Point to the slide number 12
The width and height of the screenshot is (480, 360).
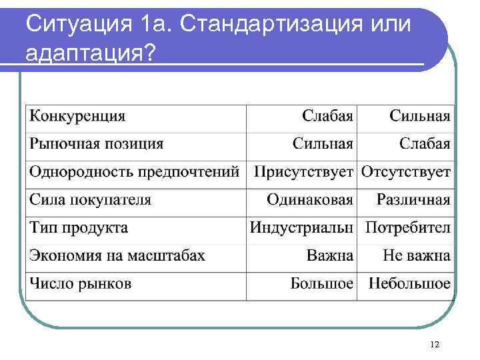click(435, 344)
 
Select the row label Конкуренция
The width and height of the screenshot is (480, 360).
click(77, 116)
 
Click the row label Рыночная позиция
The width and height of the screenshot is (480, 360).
click(96, 144)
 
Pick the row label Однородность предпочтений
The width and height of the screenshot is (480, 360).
click(134, 172)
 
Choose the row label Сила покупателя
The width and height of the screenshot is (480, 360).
click(90, 199)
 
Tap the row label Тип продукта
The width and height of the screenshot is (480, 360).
click(79, 227)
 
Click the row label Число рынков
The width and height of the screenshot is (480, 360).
click(80, 283)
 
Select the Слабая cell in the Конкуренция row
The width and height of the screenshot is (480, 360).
click(327, 116)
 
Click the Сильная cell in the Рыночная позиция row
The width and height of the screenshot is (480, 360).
click(323, 144)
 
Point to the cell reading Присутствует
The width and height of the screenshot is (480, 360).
click(303, 172)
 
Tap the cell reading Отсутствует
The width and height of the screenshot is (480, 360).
click(406, 172)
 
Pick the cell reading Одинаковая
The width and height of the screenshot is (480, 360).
click(310, 199)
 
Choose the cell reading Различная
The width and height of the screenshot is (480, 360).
click(413, 199)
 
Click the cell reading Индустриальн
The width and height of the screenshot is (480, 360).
click(301, 227)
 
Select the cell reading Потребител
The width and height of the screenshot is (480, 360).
click(408, 227)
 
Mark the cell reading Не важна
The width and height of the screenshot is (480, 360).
click(417, 255)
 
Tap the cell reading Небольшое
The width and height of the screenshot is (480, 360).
click(409, 283)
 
